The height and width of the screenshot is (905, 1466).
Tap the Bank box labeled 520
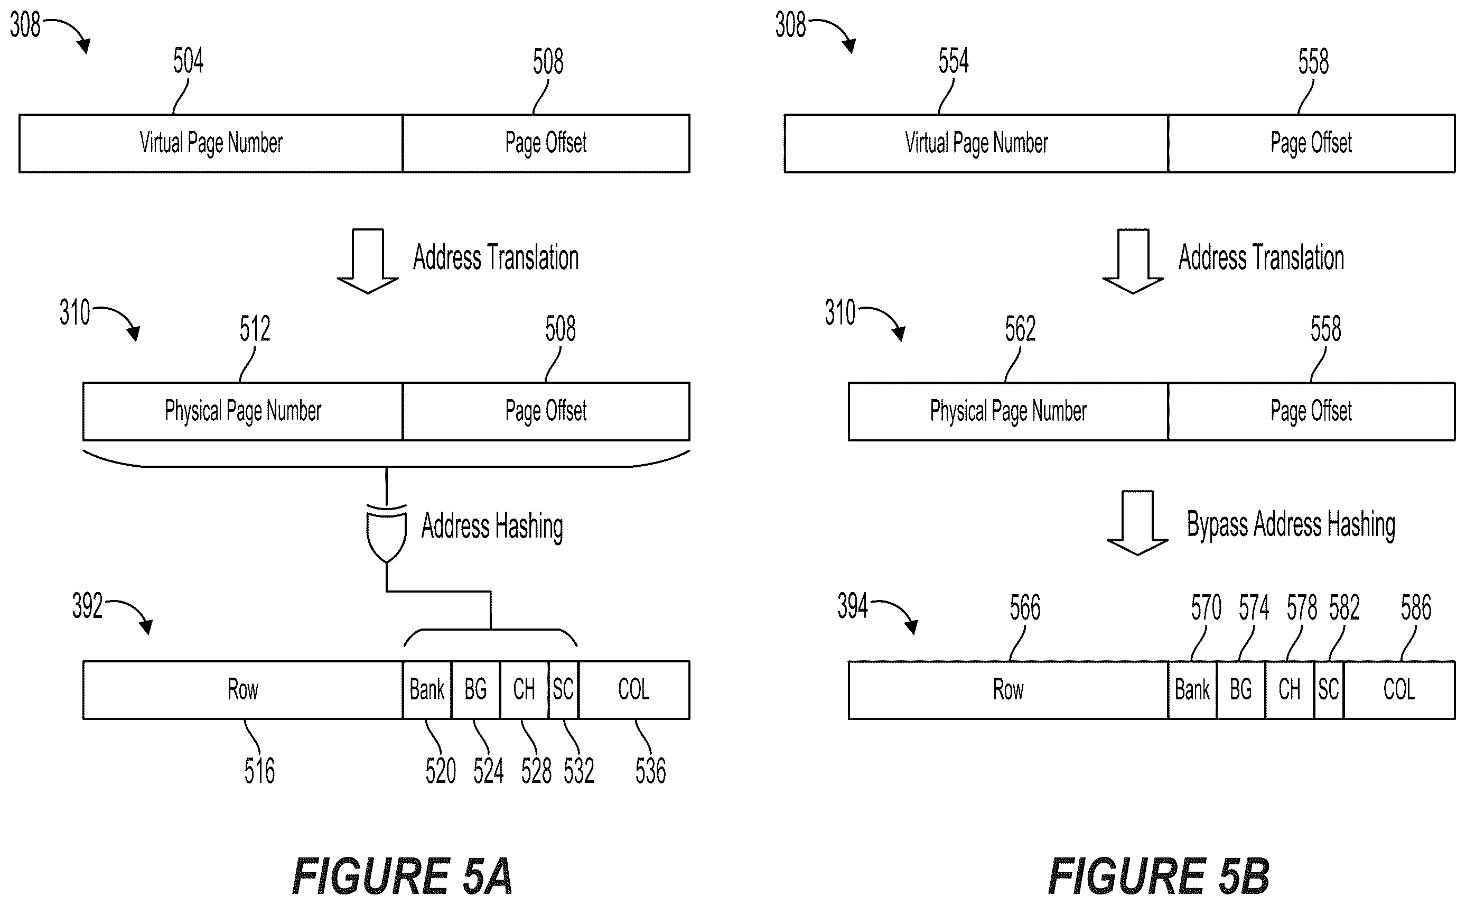(427, 689)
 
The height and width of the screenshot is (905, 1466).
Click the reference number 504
(189, 61)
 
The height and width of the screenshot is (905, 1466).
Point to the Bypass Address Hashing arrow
(1137, 522)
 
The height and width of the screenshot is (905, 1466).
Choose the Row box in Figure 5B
(1009, 689)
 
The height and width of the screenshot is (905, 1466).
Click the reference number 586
(1416, 607)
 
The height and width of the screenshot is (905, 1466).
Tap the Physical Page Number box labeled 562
(1009, 411)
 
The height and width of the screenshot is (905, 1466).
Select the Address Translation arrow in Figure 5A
(367, 261)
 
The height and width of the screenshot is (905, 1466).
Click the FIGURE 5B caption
(1159, 876)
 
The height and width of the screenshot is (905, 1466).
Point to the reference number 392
(87, 606)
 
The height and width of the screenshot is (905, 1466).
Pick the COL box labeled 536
(634, 689)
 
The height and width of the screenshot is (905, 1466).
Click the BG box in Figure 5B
(1241, 689)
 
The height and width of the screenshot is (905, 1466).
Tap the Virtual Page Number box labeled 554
(976, 144)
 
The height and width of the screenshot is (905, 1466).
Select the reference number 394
(852, 606)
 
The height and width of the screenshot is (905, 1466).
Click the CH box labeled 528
(524, 689)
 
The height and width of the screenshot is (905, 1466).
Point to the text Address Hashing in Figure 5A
(492, 527)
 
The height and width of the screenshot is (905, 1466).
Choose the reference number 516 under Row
(259, 771)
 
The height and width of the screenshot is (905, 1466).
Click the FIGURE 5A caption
(402, 876)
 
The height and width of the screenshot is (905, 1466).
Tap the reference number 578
(1302, 607)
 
